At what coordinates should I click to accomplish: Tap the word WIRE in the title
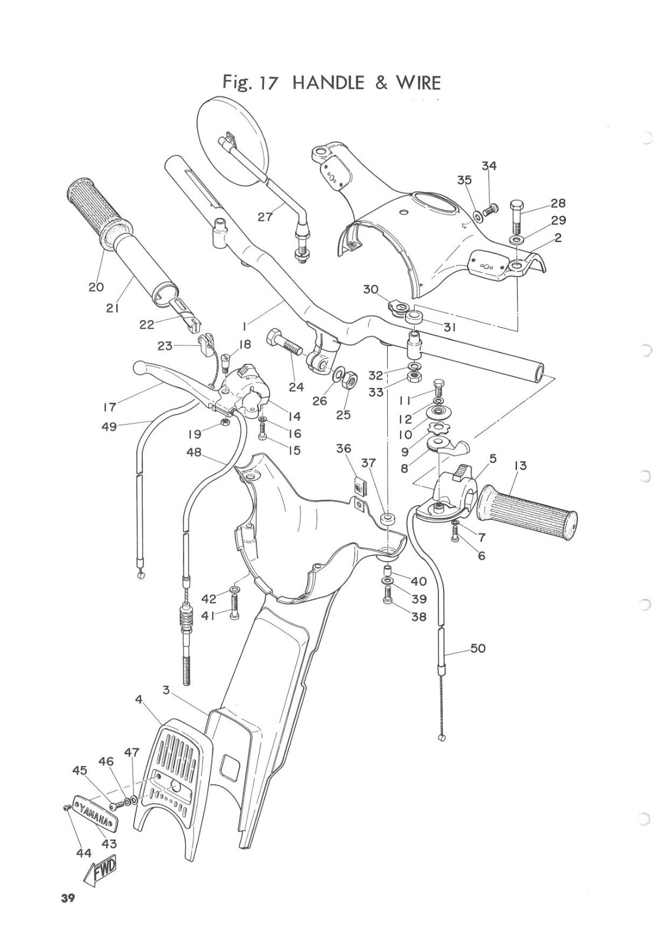coord(418,82)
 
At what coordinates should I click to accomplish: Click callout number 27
coord(266,217)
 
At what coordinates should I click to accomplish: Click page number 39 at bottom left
coord(67,915)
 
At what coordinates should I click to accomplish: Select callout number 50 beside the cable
coord(477,649)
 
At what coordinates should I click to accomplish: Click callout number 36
coord(343,449)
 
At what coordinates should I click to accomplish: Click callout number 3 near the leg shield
coord(167,689)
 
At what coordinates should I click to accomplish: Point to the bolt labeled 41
coord(234,607)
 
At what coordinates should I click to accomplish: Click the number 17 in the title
coord(267,82)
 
